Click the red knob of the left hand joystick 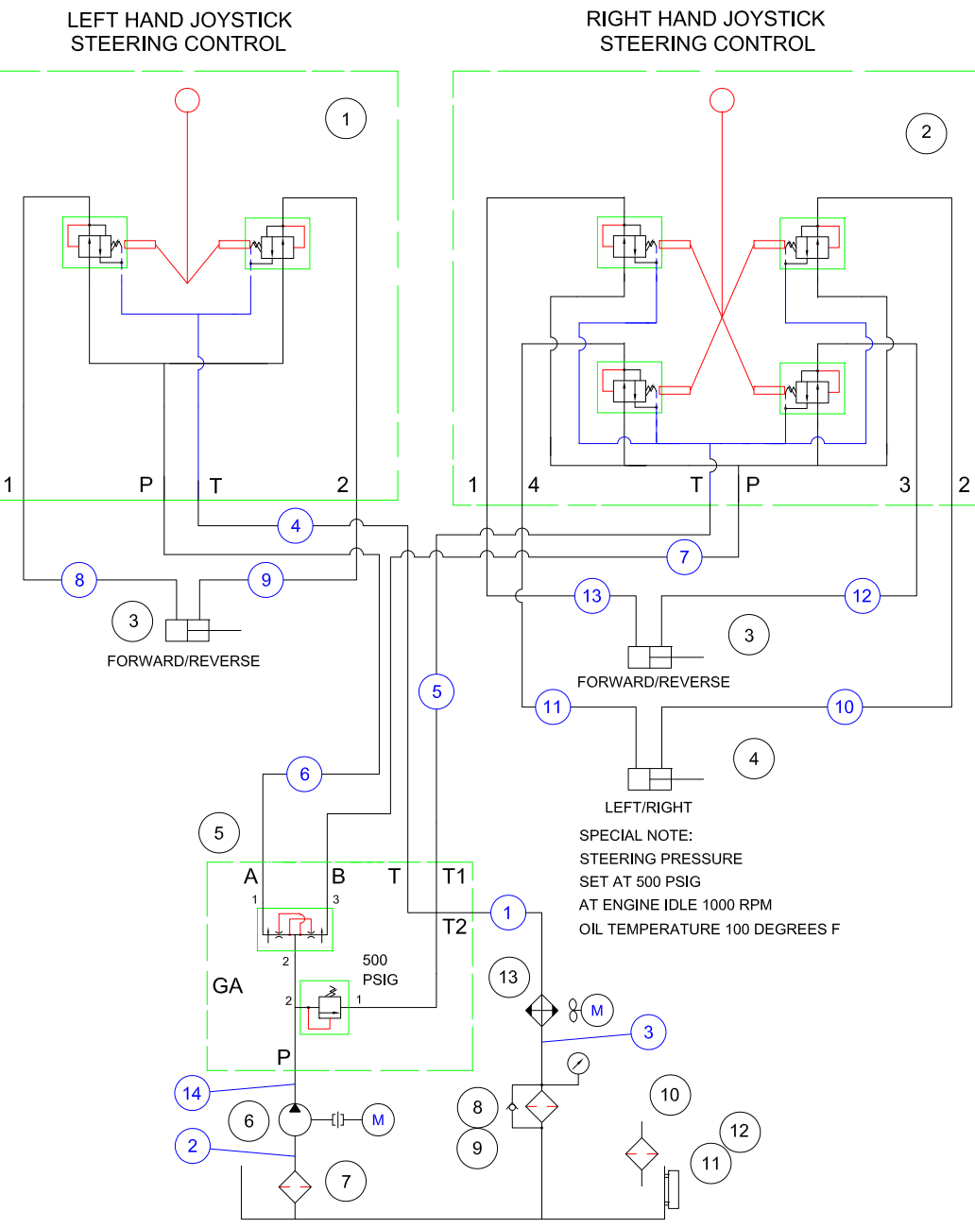[x=187, y=99]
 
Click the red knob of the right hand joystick [x=722, y=99]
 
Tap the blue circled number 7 [x=684, y=556]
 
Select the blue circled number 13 [x=592, y=596]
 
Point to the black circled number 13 [x=508, y=977]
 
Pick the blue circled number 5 [x=436, y=691]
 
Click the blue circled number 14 [x=192, y=1093]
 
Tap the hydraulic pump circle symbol [x=295, y=1120]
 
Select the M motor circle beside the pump [x=378, y=1120]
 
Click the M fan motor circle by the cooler [x=597, y=1010]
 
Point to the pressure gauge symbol [x=578, y=1063]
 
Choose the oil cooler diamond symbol [x=541, y=1010]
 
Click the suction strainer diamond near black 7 [x=295, y=1186]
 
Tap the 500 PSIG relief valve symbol [x=325, y=1007]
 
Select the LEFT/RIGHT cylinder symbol [x=650, y=779]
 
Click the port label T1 [x=454, y=877]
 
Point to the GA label [x=228, y=986]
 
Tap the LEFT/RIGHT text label [x=648, y=808]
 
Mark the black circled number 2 [x=926, y=132]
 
